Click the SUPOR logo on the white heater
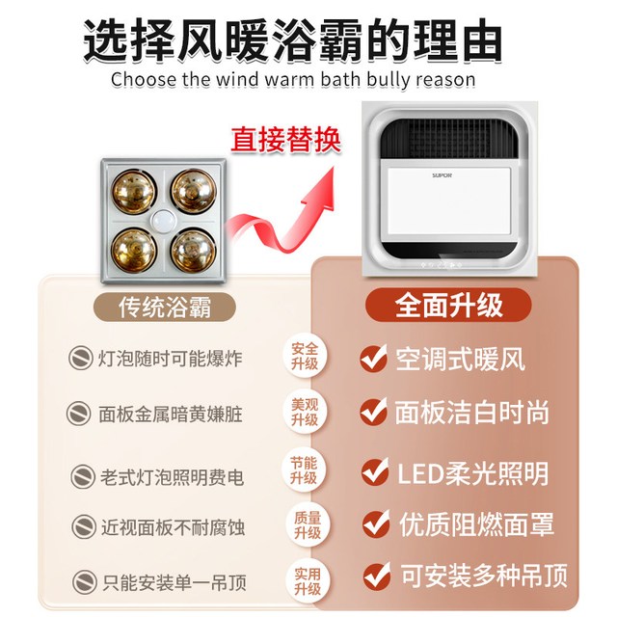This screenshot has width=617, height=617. coord(442,175)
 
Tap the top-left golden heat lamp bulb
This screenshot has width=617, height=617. coord(134,192)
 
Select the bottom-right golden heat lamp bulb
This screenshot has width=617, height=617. coord(194,251)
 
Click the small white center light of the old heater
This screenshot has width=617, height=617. coord(164,222)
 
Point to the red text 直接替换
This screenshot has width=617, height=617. coord(285,140)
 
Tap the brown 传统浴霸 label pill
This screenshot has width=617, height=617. coord(165,307)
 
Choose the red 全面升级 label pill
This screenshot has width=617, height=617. coord(448,306)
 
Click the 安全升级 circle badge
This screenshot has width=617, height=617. coord(305,357)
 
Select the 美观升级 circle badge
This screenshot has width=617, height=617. coord(305,413)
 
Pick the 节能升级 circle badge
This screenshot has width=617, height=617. coord(305,470)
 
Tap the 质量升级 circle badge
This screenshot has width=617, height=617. coord(308,525)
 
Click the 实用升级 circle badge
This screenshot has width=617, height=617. coord(308,581)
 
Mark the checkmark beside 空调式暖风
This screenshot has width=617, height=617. coord(373,358)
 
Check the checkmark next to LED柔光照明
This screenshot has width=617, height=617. coord(375,471)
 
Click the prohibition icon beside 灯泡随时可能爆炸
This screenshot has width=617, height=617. coord(81,358)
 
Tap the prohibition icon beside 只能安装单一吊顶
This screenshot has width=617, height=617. coord(85,582)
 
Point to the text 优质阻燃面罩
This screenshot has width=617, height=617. coord(476,524)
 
